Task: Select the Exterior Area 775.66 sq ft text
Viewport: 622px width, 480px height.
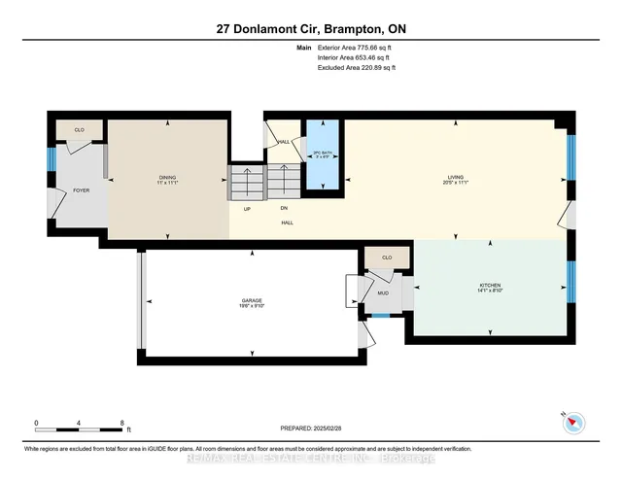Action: click(x=357, y=48)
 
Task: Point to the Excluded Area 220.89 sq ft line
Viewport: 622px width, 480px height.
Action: click(x=357, y=68)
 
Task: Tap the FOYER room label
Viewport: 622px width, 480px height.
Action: click(x=81, y=190)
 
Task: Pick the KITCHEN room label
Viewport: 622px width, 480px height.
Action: click(x=489, y=287)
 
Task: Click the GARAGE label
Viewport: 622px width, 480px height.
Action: click(x=252, y=302)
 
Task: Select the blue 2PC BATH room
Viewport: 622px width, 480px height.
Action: click(x=322, y=154)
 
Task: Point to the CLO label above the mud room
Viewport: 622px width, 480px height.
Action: click(x=386, y=257)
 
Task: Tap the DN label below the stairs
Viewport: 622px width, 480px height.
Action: click(x=284, y=207)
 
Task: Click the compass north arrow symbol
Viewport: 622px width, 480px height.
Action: click(x=573, y=422)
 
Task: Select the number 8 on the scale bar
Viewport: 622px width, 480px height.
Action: click(x=121, y=423)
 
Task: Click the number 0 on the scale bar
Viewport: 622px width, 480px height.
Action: click(x=36, y=423)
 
